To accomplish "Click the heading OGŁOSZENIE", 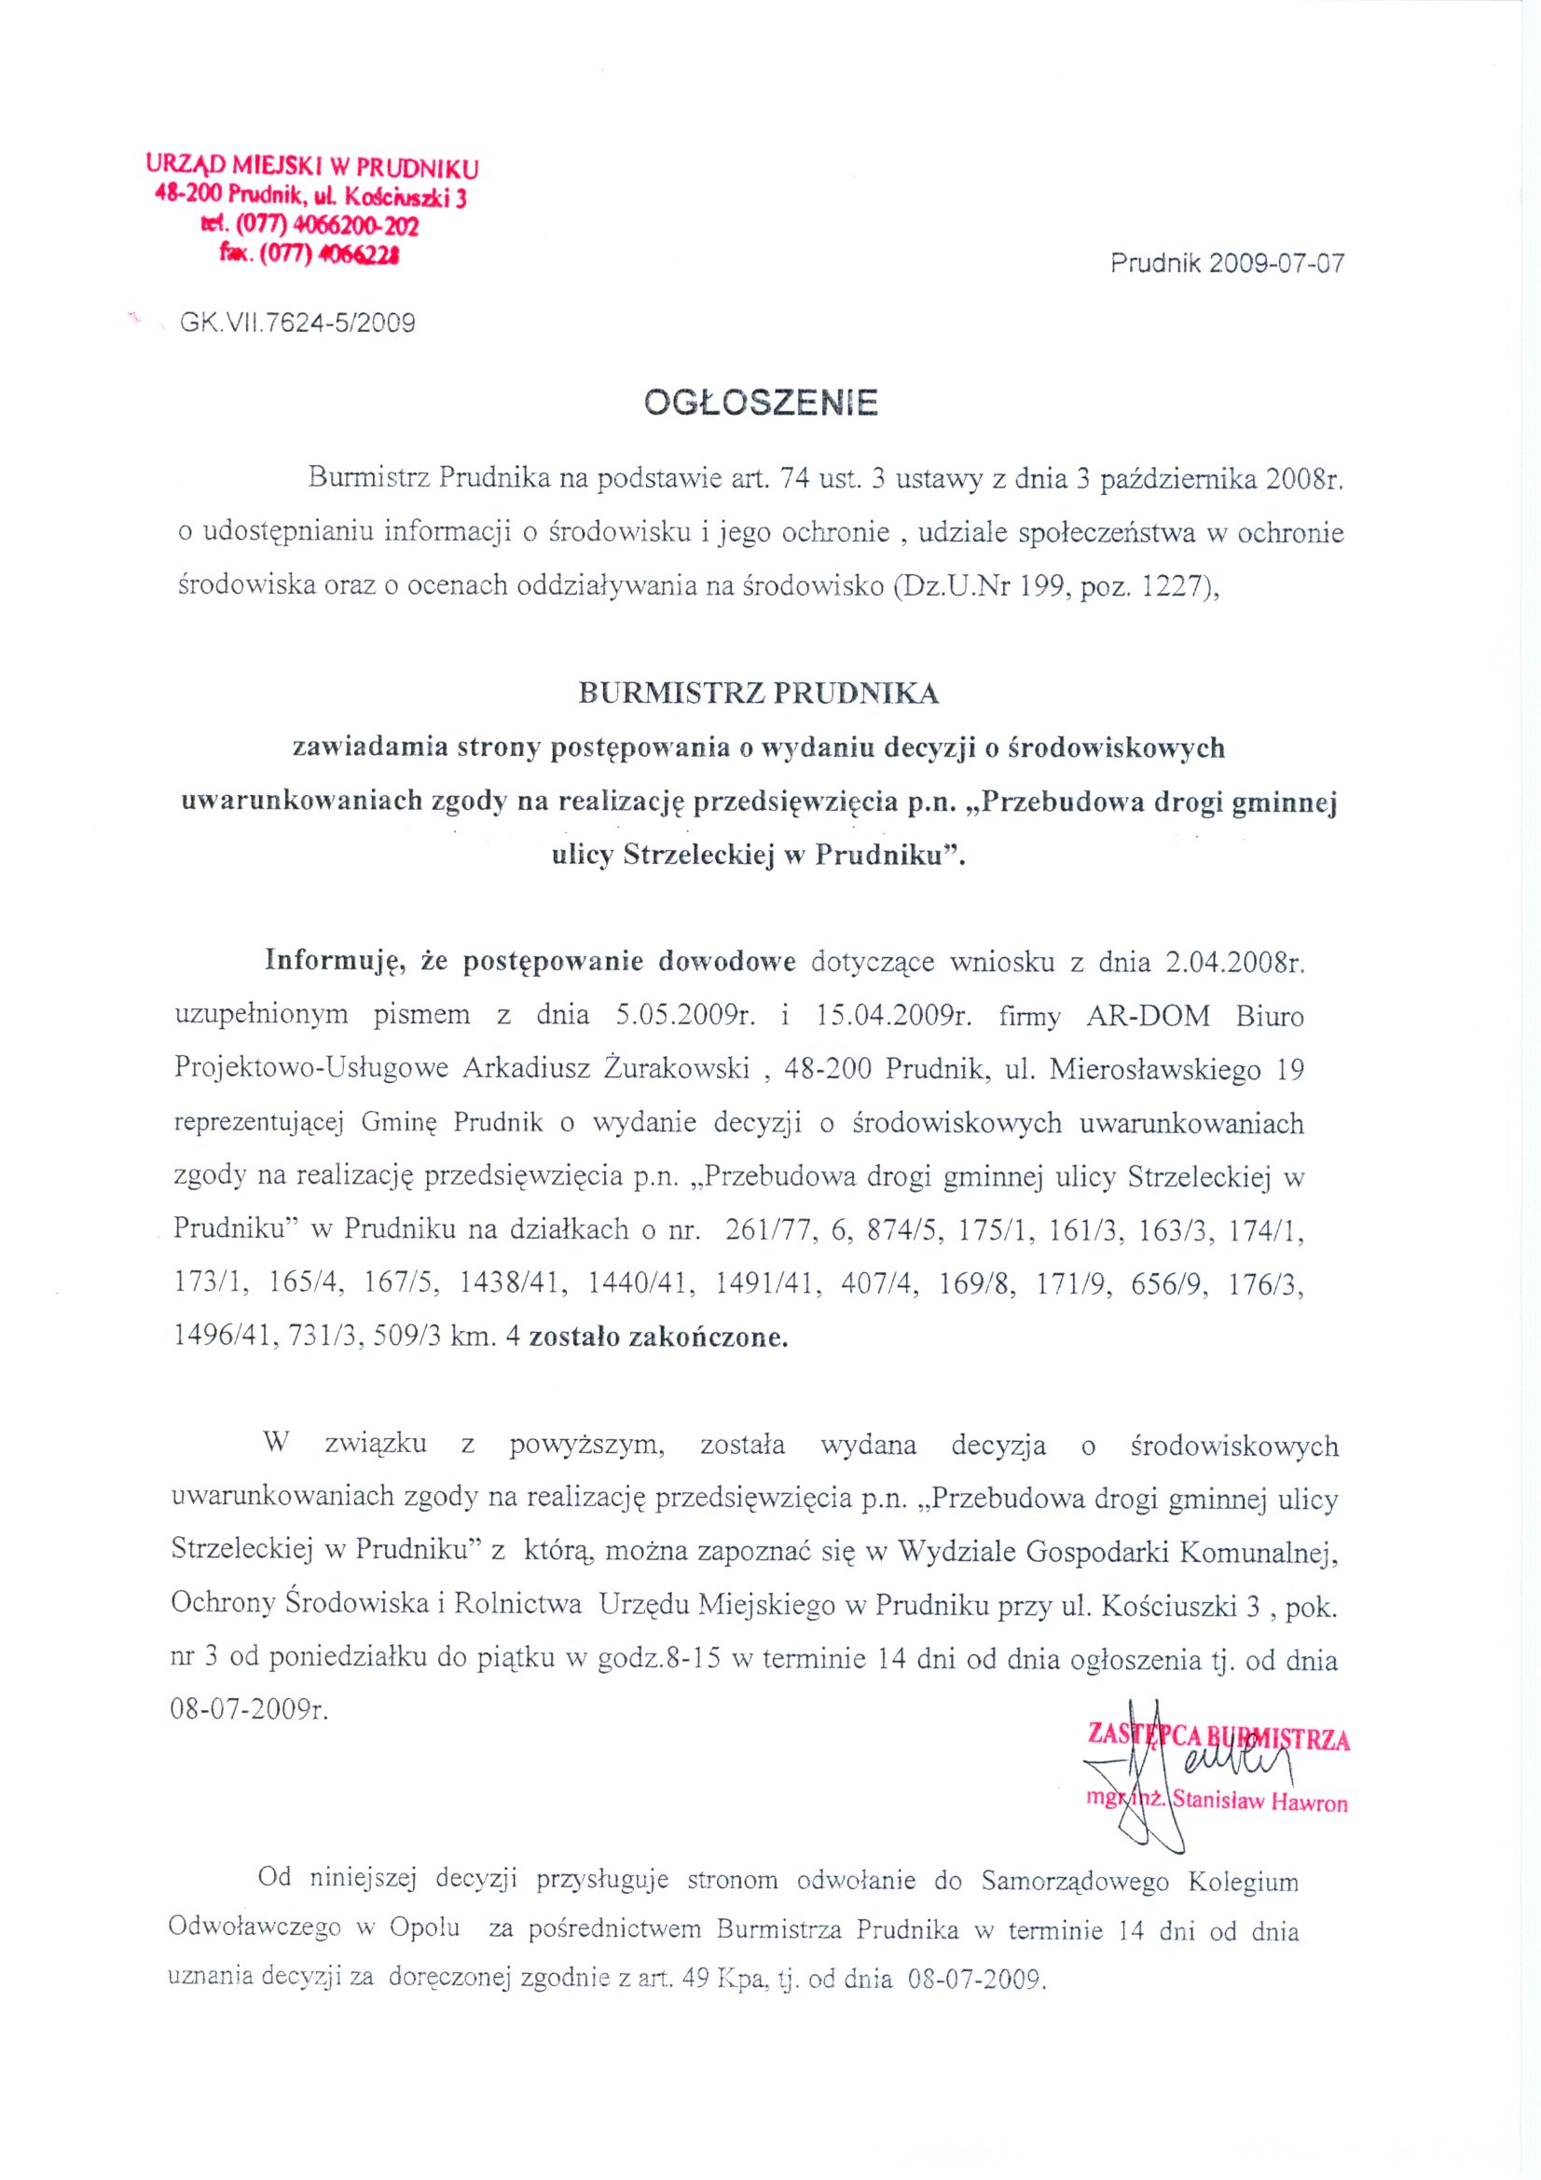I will pos(761,404).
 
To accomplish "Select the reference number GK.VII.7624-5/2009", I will pos(297,322).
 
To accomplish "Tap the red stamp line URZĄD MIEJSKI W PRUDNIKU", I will pos(312,168).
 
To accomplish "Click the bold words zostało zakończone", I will pos(658,1337).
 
